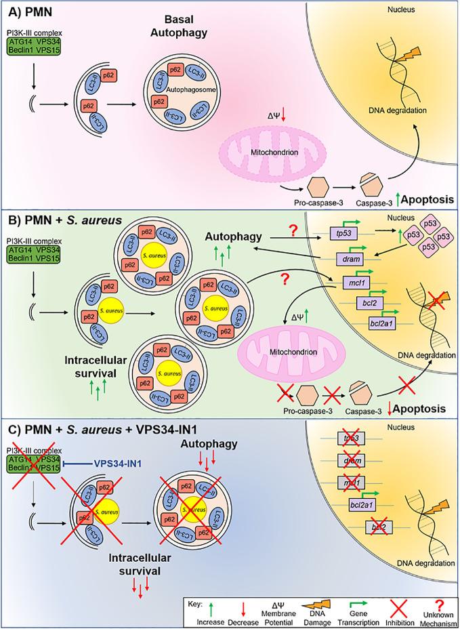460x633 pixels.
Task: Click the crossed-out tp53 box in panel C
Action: click(352, 457)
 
